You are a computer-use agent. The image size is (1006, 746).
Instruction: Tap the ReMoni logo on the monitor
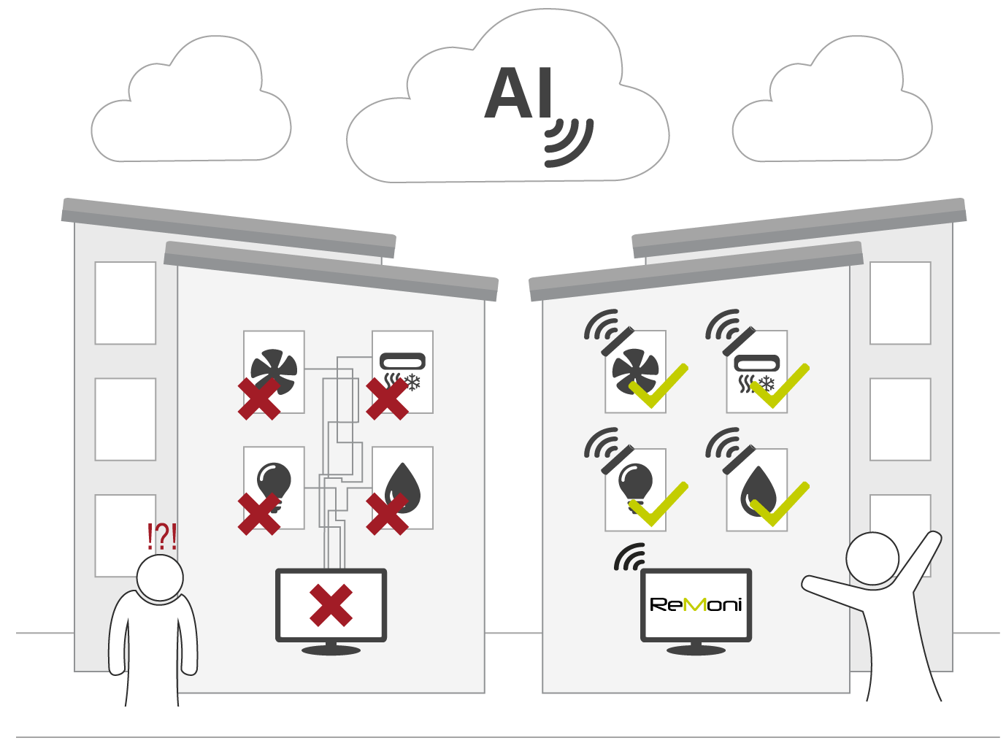tap(696, 605)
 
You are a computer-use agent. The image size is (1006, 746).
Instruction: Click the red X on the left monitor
tap(331, 605)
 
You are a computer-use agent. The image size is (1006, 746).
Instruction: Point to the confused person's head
tap(160, 578)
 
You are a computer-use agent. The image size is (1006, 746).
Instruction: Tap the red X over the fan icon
tap(259, 399)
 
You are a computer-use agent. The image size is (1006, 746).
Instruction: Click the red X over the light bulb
tap(259, 514)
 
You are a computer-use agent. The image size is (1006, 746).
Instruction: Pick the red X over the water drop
tap(388, 514)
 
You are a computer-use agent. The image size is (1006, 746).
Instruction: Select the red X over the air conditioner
tap(388, 399)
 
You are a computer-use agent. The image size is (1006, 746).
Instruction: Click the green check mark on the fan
tap(658, 385)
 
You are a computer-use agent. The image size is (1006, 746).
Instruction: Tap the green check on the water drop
tap(780, 504)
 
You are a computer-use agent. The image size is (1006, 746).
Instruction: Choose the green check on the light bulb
tap(658, 504)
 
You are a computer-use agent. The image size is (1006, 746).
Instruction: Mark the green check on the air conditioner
tap(780, 385)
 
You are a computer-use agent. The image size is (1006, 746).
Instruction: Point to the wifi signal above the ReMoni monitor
tap(630, 558)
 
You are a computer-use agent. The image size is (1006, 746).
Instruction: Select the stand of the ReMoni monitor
tap(696, 648)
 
